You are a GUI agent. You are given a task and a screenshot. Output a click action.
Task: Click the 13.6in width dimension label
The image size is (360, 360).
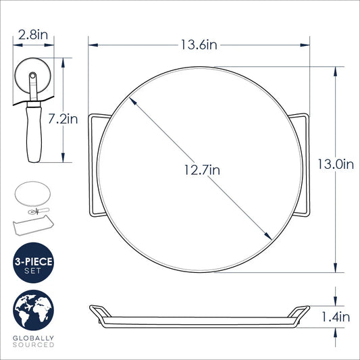[199, 45]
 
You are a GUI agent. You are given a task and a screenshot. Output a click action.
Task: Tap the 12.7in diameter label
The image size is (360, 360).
[202, 170]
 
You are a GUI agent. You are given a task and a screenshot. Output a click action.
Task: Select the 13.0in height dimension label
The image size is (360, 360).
[336, 164]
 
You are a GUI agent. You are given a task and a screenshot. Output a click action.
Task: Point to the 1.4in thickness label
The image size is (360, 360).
[336, 317]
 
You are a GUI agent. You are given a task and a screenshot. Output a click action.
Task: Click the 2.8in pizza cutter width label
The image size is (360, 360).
[33, 34]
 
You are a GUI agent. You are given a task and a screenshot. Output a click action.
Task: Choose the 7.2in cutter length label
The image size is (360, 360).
[63, 119]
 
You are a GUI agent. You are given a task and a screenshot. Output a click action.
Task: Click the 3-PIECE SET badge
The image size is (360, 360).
[33, 263]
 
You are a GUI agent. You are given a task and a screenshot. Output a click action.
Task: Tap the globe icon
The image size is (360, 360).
[33, 310]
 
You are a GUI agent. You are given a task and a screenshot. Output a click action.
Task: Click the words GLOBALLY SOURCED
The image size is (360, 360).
[33, 341]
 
